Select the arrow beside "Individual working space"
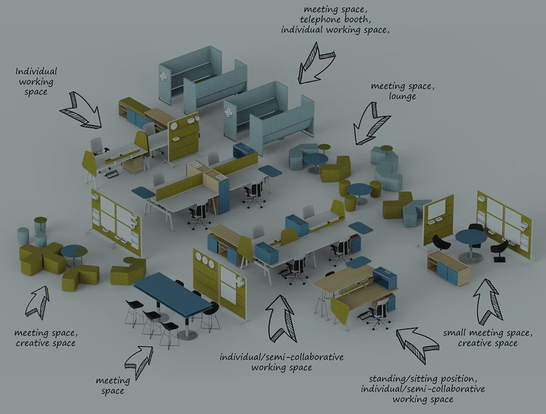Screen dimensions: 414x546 pyautogui.click(x=81, y=110)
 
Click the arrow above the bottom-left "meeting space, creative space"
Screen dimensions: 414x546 pyautogui.click(x=39, y=301)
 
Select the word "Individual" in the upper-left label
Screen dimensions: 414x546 pyautogui.click(x=36, y=72)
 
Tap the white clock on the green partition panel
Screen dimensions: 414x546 pyautogui.click(x=173, y=126)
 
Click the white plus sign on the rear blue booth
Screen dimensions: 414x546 pyautogui.click(x=164, y=78)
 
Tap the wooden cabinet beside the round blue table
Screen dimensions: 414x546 pyautogui.click(x=448, y=269)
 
